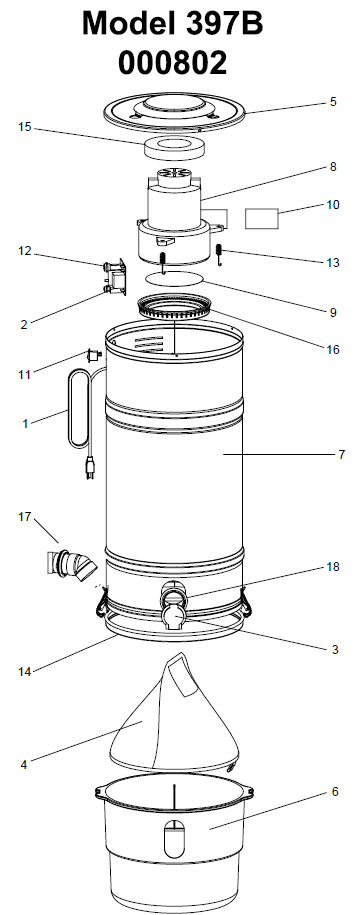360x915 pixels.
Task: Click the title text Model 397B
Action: point(172,25)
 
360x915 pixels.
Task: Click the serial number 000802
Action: point(173,62)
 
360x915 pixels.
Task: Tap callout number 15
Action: point(25,127)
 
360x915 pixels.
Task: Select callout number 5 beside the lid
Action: point(333,102)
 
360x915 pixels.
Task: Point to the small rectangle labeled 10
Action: point(262,218)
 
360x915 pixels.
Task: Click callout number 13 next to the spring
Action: point(333,263)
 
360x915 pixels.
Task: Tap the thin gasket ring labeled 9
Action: point(173,278)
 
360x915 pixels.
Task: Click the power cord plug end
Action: point(90,469)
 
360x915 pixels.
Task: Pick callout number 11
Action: point(25,375)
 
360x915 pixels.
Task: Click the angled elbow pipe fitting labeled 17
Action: point(71,565)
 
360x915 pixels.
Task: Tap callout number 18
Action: point(333,567)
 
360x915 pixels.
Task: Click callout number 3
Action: point(334,649)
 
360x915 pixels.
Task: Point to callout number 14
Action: point(25,672)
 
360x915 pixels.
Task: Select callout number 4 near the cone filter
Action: point(24,764)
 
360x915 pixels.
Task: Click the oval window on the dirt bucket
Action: point(174,839)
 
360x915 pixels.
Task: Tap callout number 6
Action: point(334,792)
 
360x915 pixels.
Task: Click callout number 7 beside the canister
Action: point(341,454)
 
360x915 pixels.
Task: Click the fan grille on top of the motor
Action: point(174,172)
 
